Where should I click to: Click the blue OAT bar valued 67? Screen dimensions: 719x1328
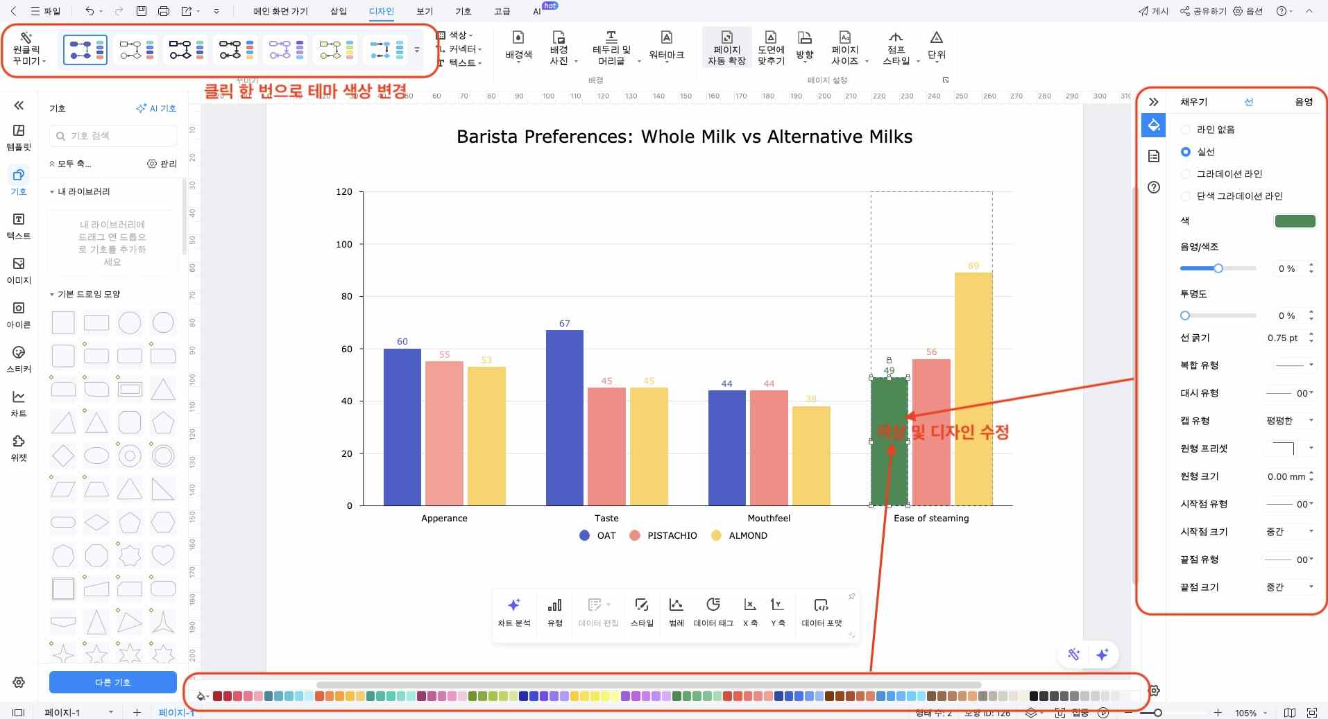564,417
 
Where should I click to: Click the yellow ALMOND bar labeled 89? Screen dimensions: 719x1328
973,388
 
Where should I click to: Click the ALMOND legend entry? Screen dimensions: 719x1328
740,535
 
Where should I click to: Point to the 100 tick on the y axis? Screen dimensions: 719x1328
344,244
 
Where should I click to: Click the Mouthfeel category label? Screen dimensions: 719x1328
768,518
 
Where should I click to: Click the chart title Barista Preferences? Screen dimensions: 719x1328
684,137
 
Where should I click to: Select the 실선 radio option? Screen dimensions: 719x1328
1186,152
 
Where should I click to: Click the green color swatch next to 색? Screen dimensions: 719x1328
1295,221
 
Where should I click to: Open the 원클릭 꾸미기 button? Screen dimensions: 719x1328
28,49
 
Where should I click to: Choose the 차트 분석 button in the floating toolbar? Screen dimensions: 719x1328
513,612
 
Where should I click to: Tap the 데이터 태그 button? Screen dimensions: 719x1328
713,612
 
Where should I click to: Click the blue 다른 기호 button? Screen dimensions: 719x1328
112,682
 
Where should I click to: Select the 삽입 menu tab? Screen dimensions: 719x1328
339,11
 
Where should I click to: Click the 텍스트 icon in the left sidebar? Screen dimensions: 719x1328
19,226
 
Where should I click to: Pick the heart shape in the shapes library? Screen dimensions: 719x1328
163,555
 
